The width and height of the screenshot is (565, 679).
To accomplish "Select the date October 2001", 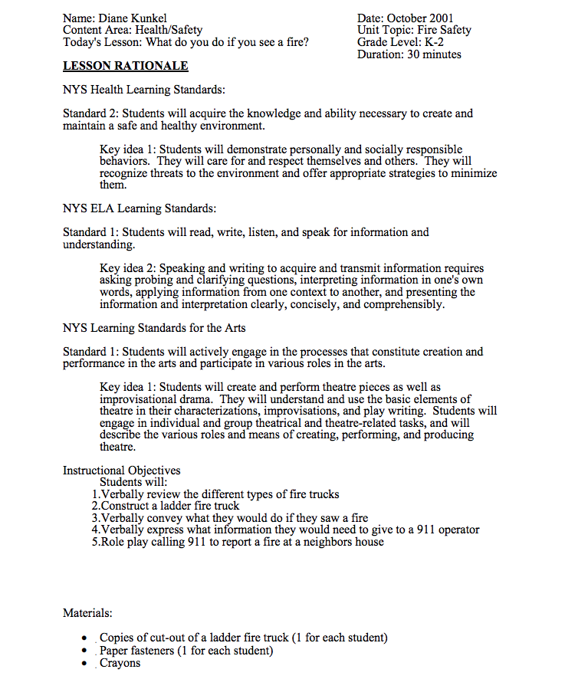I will tap(421, 18).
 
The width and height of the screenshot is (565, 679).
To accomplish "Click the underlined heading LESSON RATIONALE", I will tap(125, 67).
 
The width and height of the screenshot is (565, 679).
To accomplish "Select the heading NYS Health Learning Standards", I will tap(143, 90).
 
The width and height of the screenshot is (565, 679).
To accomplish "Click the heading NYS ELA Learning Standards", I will tap(140, 208).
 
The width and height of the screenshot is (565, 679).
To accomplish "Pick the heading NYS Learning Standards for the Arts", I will tap(154, 327).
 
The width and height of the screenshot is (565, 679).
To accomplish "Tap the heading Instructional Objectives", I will tap(121, 471).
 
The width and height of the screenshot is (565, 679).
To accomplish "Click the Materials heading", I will tap(87, 613).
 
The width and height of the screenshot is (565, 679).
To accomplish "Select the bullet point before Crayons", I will tap(85, 664).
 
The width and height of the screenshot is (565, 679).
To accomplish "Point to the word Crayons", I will tap(120, 663).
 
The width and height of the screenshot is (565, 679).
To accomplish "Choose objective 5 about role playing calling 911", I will tap(238, 542).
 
